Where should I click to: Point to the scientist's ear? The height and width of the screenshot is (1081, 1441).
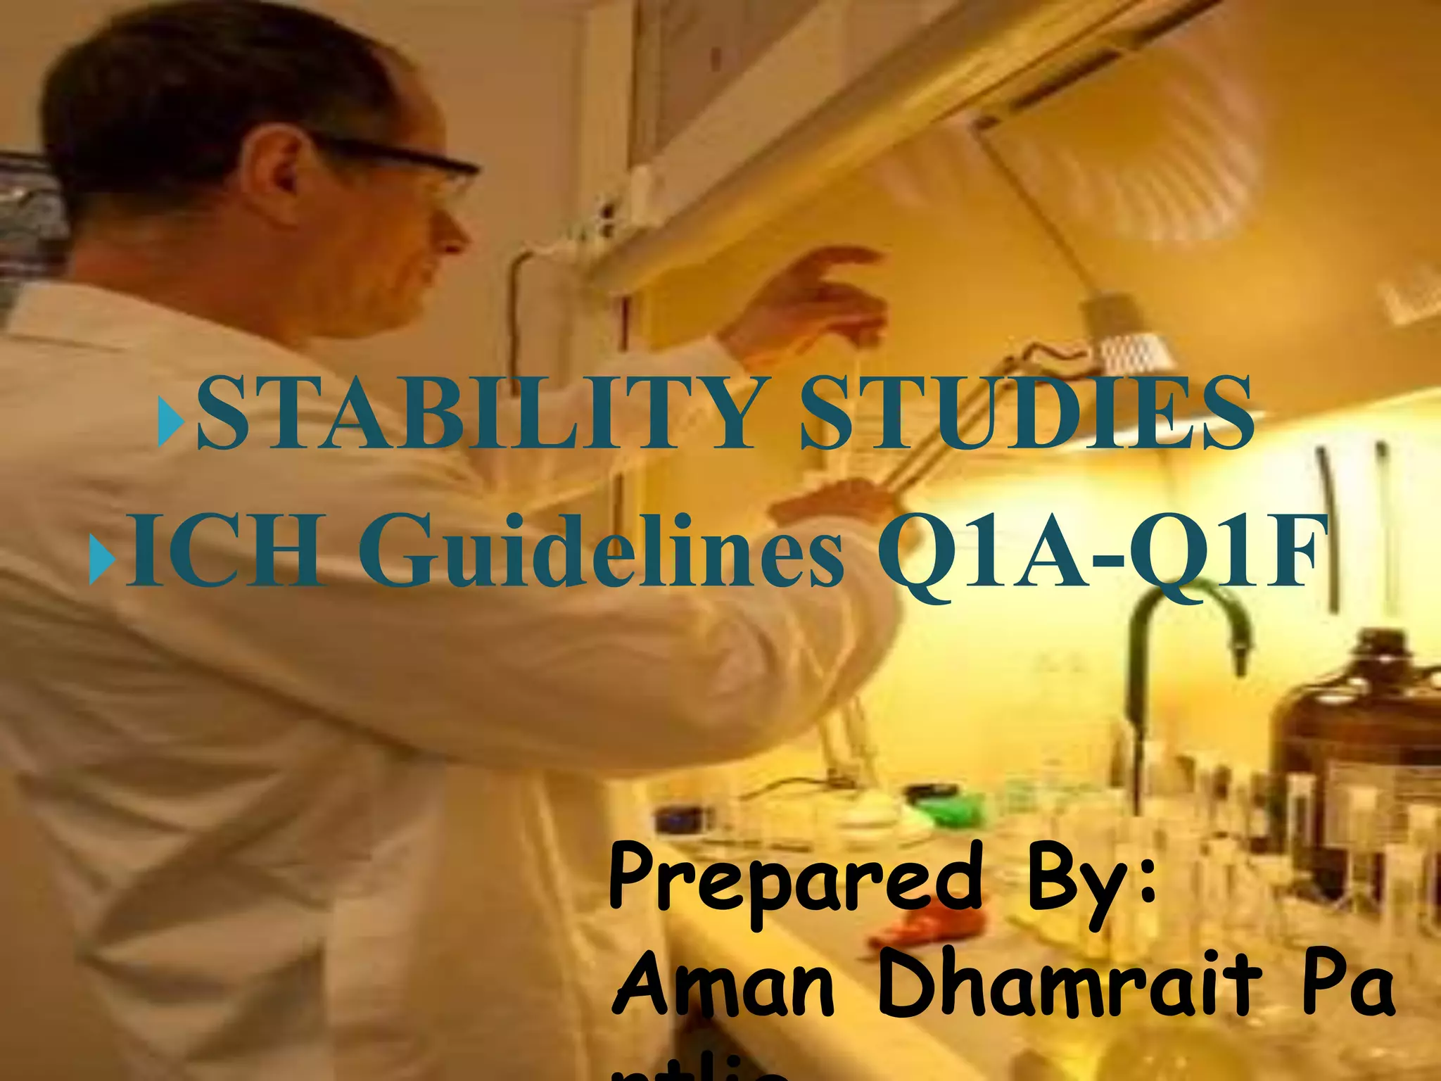coord(274,176)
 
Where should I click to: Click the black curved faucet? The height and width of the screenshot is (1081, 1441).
coord(1189,633)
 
